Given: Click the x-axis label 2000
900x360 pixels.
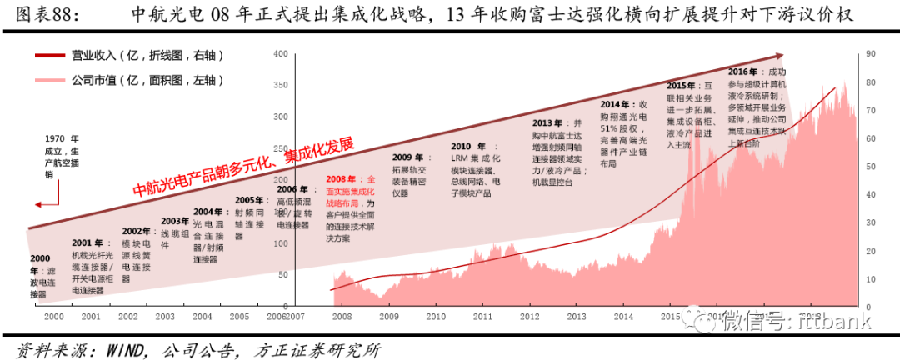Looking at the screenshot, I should [x=53, y=317].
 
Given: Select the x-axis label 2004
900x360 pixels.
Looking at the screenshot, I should [x=202, y=317].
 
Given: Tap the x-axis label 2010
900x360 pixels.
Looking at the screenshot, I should [x=435, y=317].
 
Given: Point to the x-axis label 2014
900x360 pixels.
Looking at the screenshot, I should [x=622, y=317].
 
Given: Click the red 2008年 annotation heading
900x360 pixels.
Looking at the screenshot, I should [x=341, y=179].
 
